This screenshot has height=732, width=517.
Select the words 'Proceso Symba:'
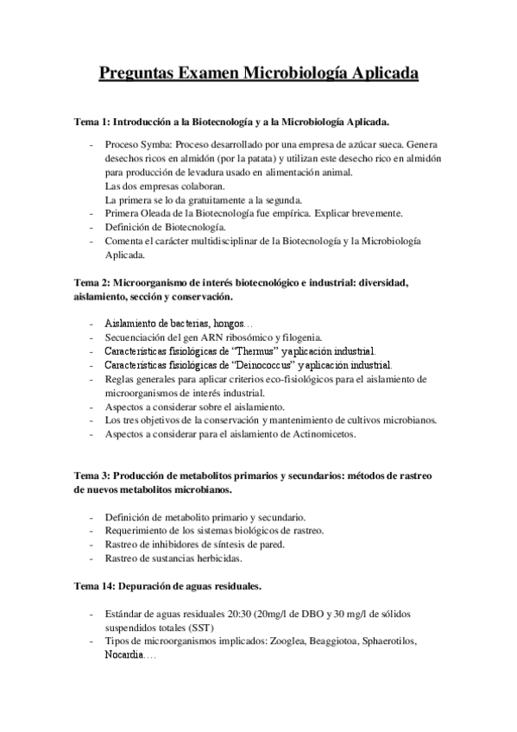[x=140, y=144]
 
